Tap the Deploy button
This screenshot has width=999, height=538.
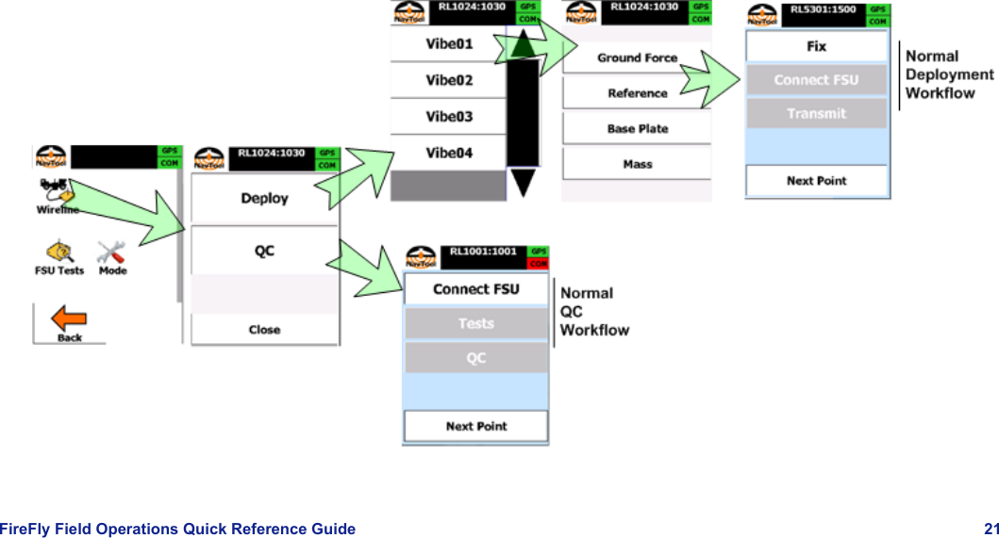pyautogui.click(x=264, y=199)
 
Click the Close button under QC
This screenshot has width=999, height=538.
pyautogui.click(x=264, y=330)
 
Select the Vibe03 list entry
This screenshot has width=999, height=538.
pyautogui.click(x=448, y=117)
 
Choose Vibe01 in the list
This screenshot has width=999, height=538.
pyautogui.click(x=448, y=43)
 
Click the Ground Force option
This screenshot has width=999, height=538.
pyautogui.click(x=637, y=57)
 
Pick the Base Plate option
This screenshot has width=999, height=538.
pyautogui.click(x=637, y=129)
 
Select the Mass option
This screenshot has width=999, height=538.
pyautogui.click(x=637, y=164)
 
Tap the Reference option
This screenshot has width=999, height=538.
pyautogui.click(x=637, y=93)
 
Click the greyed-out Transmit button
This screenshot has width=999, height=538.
pyautogui.click(x=816, y=113)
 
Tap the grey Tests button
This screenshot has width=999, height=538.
pyautogui.click(x=475, y=323)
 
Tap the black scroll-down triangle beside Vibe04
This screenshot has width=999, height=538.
pyautogui.click(x=523, y=182)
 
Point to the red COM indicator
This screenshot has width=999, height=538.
pyautogui.click(x=537, y=263)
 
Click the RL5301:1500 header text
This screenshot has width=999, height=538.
pyautogui.click(x=823, y=9)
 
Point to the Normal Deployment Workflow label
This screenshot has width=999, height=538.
pyautogui.click(x=948, y=74)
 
